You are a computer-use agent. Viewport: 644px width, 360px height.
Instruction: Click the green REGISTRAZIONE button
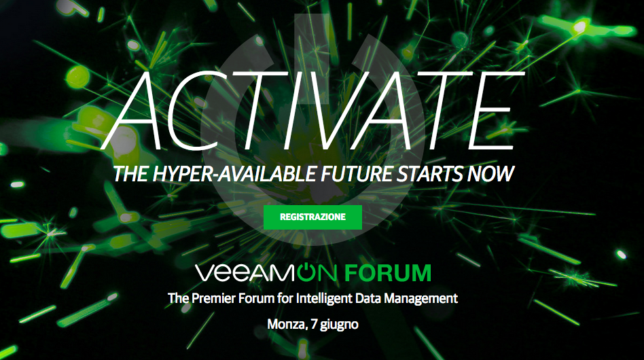point(312,217)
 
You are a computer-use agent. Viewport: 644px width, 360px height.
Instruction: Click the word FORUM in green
point(388,273)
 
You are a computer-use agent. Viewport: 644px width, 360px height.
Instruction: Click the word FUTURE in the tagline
point(357,174)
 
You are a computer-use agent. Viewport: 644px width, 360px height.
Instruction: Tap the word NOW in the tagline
point(490,174)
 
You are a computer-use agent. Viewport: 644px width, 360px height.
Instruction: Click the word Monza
point(287,324)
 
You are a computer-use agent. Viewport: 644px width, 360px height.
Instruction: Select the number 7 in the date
point(315,324)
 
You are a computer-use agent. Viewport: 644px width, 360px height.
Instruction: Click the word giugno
point(339,325)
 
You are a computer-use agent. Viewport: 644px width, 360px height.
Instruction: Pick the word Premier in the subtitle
point(213,298)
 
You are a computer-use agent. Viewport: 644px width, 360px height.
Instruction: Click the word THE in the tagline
point(130,174)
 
